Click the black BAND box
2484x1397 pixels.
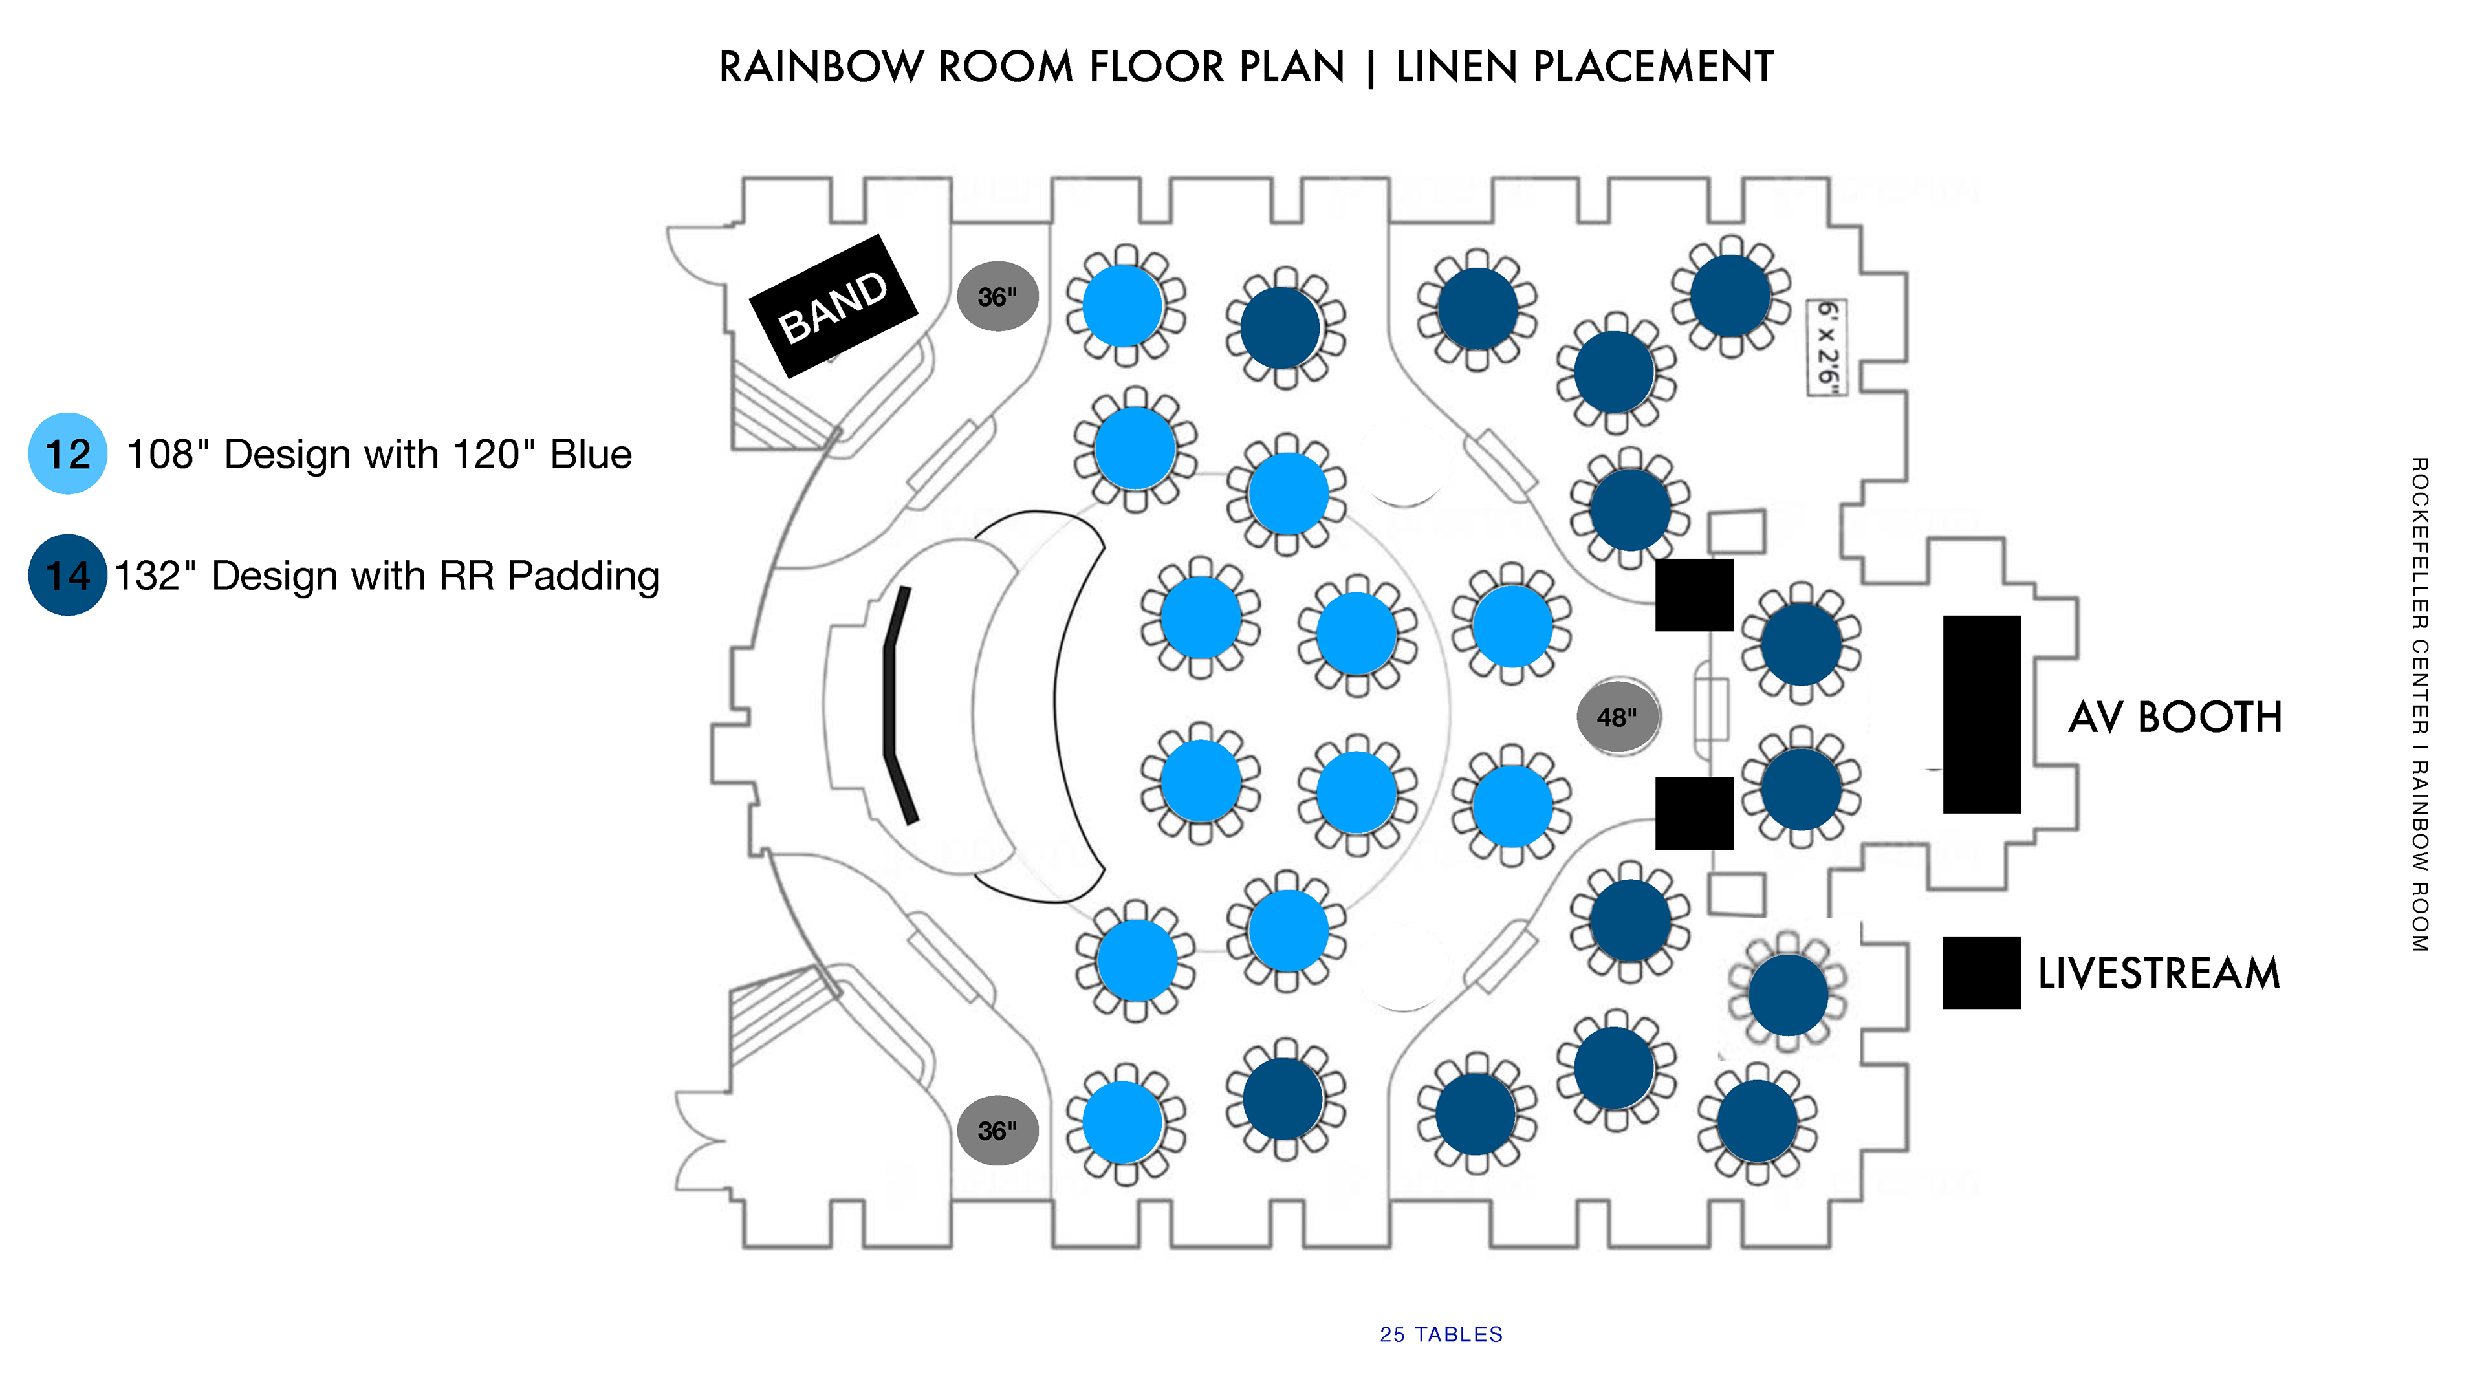click(833, 306)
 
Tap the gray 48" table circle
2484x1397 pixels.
click(1618, 717)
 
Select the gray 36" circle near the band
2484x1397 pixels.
click(997, 296)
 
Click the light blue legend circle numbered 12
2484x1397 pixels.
click(67, 453)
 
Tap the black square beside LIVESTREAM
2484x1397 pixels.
click(1981, 972)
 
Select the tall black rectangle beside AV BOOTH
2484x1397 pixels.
click(1981, 715)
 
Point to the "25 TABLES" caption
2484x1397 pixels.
click(1441, 1334)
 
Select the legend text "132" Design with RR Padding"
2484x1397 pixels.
click(387, 576)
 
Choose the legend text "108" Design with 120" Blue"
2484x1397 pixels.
click(379, 454)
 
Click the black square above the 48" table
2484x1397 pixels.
click(1694, 595)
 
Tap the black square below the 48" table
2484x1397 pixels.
click(1694, 814)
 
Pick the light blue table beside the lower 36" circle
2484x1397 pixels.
click(1124, 1122)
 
